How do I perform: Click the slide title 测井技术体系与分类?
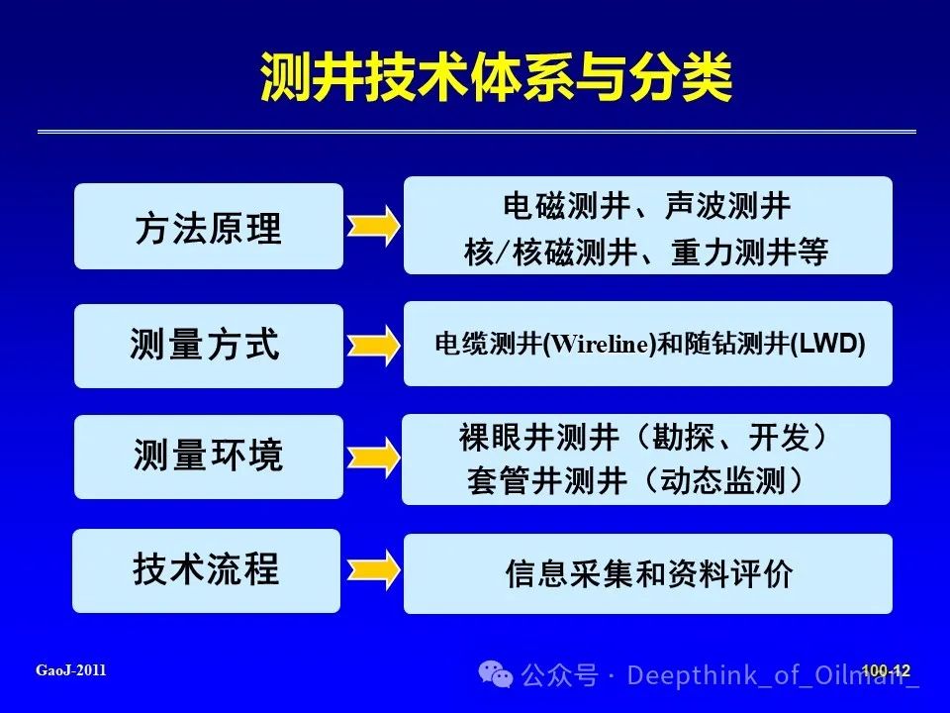[496, 77]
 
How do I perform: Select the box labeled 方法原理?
[209, 226]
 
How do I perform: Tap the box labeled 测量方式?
[209, 346]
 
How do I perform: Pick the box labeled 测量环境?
[209, 457]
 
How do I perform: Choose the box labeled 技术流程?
[206, 570]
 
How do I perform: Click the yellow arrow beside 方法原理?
[373, 226]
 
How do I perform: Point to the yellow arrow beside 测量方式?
[373, 346]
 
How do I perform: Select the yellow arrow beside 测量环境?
[373, 457]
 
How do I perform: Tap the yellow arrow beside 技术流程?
[373, 570]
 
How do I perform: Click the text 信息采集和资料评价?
[648, 573]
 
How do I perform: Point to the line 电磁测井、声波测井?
[646, 206]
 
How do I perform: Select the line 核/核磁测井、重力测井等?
[646, 252]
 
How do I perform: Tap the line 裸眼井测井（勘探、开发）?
[644, 437]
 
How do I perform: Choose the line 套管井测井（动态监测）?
[636, 481]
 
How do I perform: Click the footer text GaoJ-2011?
[71, 670]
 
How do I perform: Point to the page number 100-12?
[886, 670]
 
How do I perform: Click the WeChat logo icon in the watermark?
[496, 674]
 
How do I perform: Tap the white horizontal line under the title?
[477, 131]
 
